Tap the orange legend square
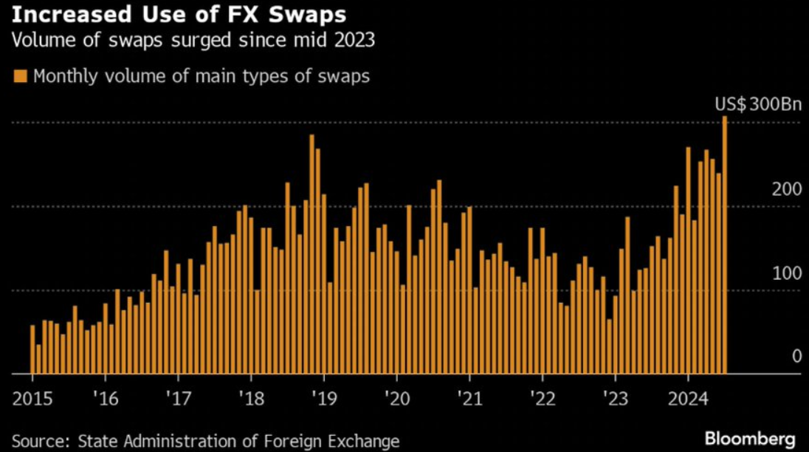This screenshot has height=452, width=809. point(20,76)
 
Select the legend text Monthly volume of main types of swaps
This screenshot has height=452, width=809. point(202,76)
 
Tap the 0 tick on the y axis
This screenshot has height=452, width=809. point(796,356)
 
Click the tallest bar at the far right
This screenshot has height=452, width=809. point(725,244)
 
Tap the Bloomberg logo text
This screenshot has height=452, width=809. point(750,439)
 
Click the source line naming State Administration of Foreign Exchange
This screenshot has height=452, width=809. point(206,441)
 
